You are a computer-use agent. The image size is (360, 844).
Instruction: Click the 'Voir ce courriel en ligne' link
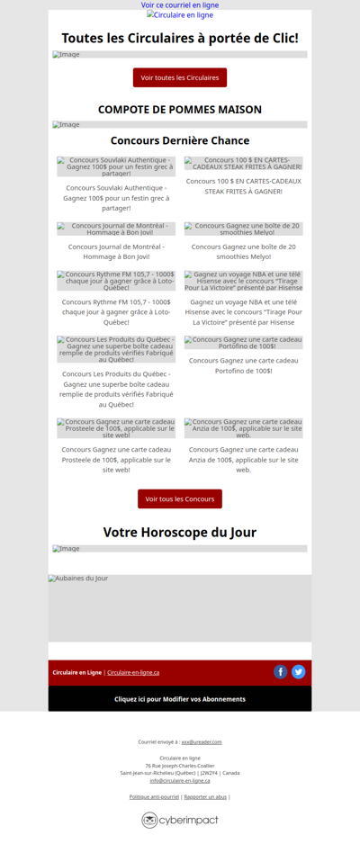(180, 5)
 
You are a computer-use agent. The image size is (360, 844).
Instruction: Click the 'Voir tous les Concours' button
(180, 498)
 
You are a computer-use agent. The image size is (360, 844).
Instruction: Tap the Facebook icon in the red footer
(281, 672)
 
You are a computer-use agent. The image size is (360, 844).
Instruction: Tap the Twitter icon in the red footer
(299, 672)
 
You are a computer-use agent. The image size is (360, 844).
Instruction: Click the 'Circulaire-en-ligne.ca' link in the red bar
(133, 672)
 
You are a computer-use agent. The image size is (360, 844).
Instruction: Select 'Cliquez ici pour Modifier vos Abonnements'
(180, 699)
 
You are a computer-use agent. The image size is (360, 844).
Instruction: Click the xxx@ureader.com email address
(202, 742)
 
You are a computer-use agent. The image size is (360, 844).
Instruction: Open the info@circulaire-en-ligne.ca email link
(180, 780)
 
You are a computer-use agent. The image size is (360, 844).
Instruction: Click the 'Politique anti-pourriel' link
(154, 796)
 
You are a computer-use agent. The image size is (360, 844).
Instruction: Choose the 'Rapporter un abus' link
(205, 796)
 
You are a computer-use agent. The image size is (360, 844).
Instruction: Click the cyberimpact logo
(180, 820)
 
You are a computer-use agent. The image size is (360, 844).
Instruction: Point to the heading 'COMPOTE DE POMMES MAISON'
(180, 110)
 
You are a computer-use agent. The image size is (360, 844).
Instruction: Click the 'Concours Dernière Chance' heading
(180, 140)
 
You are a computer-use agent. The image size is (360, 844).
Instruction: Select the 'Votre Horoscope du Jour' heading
(180, 532)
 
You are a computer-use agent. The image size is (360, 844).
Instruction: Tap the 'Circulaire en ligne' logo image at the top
(180, 15)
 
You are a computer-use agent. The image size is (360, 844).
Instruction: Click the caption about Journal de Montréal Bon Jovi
(116, 251)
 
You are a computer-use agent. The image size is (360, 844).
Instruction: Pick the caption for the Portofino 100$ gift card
(244, 365)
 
